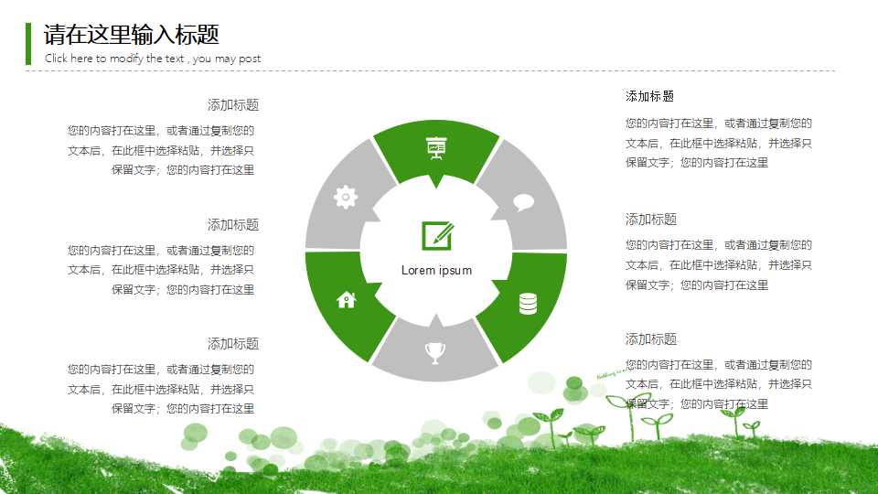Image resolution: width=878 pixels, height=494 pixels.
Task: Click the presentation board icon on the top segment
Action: click(435, 148)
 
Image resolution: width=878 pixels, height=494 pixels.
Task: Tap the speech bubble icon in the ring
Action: click(523, 202)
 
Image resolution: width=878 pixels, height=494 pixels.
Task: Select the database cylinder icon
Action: click(528, 303)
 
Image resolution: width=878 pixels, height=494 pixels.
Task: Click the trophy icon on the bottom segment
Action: click(434, 351)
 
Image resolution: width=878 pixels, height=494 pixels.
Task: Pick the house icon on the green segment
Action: click(346, 299)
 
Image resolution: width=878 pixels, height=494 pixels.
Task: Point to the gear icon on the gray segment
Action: click(345, 197)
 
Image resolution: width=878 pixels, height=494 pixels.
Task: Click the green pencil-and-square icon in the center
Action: click(436, 235)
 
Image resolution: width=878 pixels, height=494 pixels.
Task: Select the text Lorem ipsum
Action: click(436, 270)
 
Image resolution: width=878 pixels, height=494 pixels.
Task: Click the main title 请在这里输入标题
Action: click(132, 35)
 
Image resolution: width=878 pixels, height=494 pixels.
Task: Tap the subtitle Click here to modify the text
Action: click(153, 59)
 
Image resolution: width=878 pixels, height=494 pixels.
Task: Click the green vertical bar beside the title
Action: click(28, 44)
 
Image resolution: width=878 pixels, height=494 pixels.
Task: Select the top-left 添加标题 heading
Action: click(232, 105)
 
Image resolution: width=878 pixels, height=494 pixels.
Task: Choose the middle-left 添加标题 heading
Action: click(232, 225)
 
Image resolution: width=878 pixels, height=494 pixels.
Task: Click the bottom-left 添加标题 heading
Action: click(232, 344)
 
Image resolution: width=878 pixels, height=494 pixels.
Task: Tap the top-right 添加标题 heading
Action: click(650, 96)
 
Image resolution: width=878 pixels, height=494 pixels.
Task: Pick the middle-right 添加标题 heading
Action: click(650, 220)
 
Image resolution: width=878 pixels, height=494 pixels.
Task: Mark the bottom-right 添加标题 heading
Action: click(650, 339)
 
